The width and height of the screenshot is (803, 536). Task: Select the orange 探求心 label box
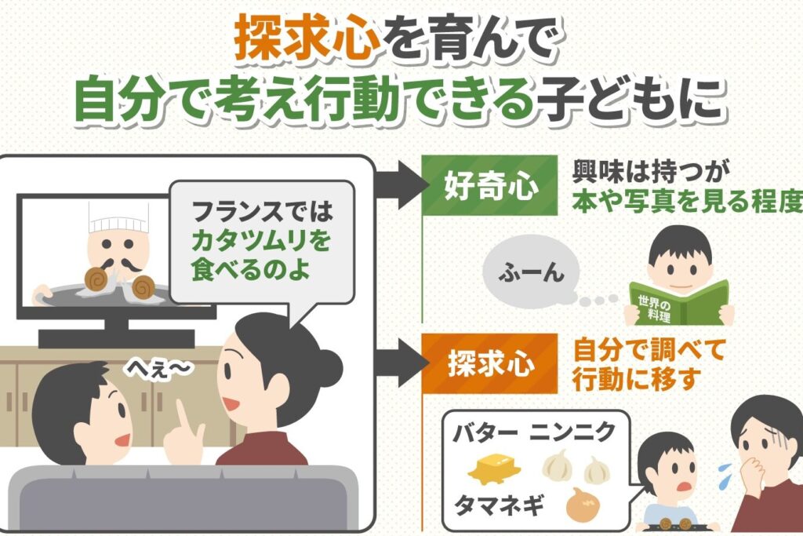[x=479, y=363]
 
